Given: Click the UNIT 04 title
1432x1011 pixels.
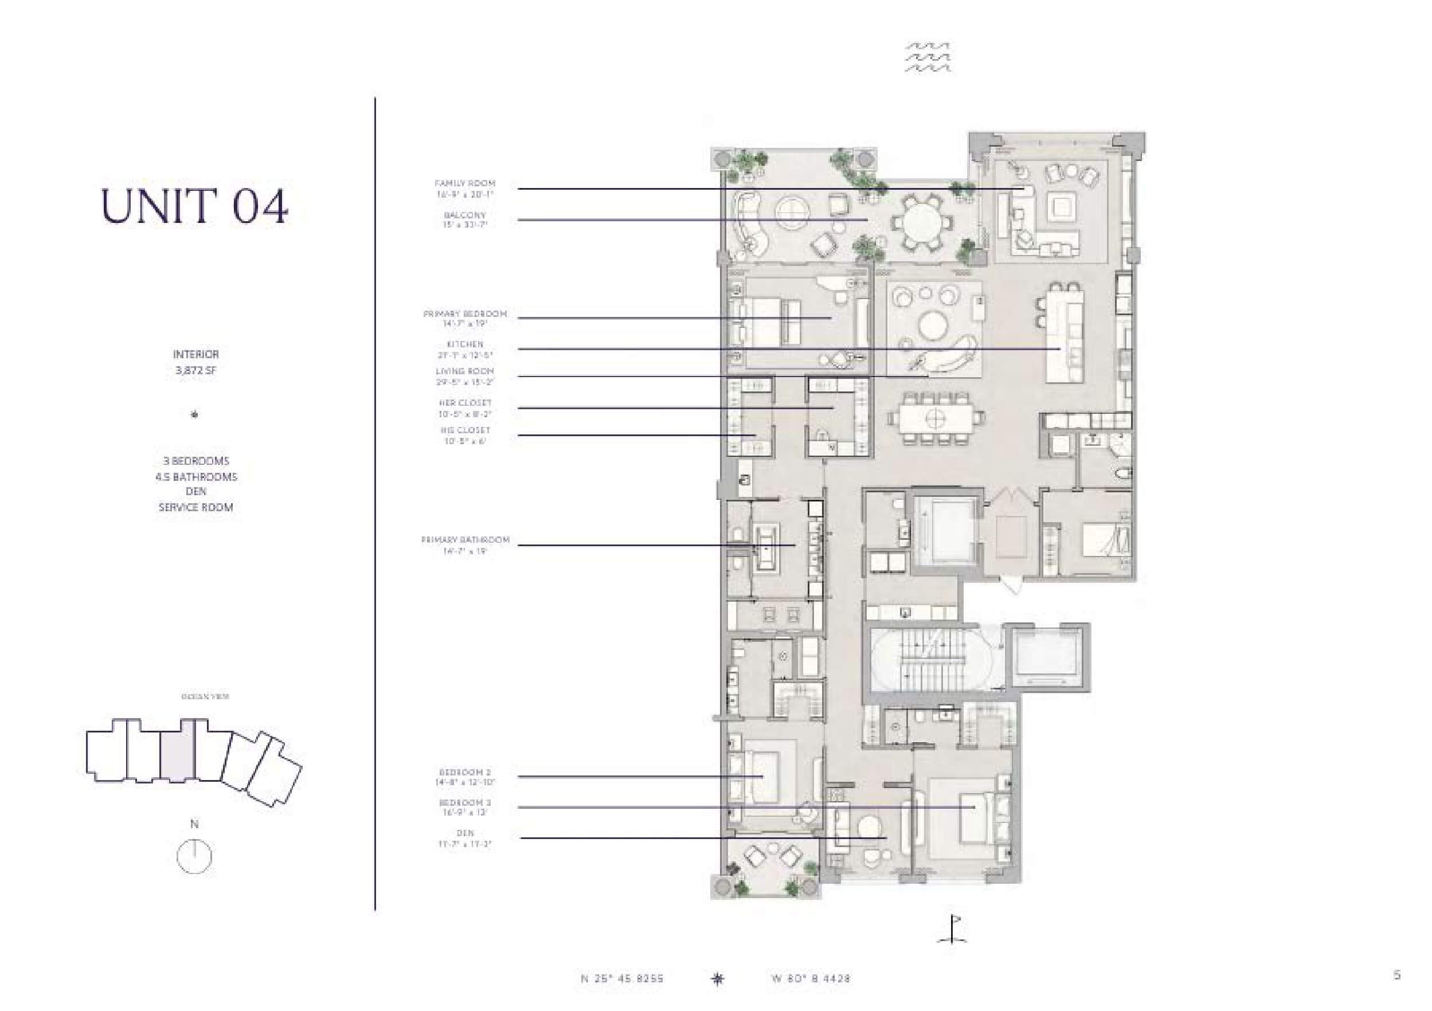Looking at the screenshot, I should coord(194,206).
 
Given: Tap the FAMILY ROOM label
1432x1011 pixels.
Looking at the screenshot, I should coord(465,183).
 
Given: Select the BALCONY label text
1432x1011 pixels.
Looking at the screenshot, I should coord(465,214).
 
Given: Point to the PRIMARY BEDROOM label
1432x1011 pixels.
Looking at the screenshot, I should coord(465,314).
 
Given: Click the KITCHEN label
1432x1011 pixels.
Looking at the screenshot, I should coord(465,344).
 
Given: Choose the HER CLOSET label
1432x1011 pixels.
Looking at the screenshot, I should coord(465,403).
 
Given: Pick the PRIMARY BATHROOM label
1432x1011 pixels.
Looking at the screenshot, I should coord(465,539).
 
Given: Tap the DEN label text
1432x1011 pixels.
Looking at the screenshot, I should coord(465,833).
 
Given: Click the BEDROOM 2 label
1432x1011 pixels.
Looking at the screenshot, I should coord(465,772).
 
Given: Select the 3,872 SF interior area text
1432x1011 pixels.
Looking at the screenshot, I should coord(195,370).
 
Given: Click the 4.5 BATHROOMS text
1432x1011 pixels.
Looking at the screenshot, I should coord(196,476).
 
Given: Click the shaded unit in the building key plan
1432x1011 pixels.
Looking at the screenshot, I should coord(178,752).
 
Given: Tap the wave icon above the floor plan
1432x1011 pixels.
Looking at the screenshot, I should coord(928,57).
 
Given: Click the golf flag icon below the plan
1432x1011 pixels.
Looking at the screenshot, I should coord(952,929).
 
